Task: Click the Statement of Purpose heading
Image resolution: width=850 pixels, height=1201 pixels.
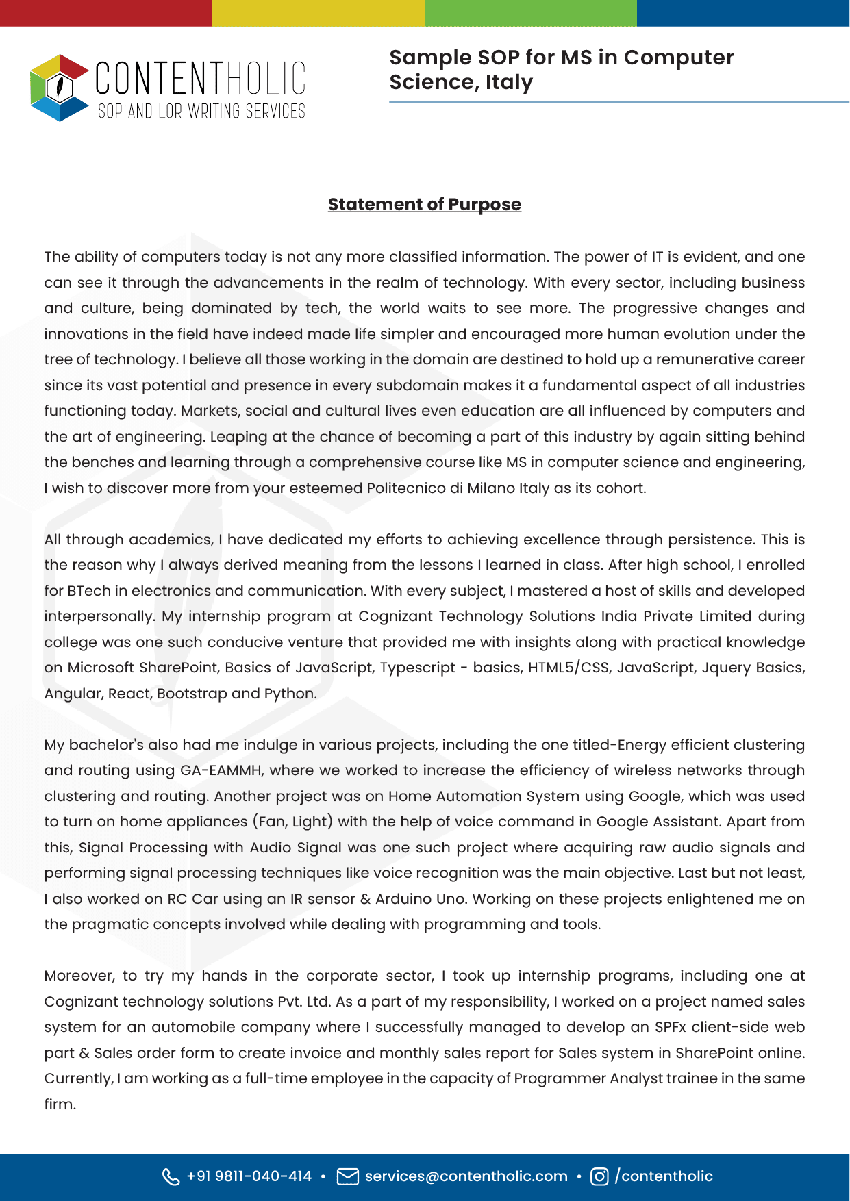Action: (x=424, y=204)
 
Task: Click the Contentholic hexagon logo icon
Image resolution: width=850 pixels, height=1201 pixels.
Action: (x=60, y=88)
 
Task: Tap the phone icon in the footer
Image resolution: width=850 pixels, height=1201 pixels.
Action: (x=171, y=1176)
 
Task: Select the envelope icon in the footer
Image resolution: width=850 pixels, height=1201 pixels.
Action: (x=348, y=1176)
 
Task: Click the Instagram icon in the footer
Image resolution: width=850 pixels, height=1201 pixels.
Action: (x=599, y=1176)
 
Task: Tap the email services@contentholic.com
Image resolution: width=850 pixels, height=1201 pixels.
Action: (x=466, y=1176)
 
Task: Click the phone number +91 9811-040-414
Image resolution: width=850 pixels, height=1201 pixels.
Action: (x=249, y=1176)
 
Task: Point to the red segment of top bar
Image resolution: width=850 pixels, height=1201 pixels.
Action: (x=106, y=13)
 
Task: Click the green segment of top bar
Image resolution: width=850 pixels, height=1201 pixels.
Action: (x=531, y=13)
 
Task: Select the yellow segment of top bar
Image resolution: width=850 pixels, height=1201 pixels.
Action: (x=318, y=13)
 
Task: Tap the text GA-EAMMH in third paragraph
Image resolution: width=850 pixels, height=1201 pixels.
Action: (x=221, y=770)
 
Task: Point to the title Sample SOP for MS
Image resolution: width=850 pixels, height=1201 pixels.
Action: (x=561, y=58)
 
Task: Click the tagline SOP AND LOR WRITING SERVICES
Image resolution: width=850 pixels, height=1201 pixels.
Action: (x=201, y=111)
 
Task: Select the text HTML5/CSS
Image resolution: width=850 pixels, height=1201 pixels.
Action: (x=568, y=668)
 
